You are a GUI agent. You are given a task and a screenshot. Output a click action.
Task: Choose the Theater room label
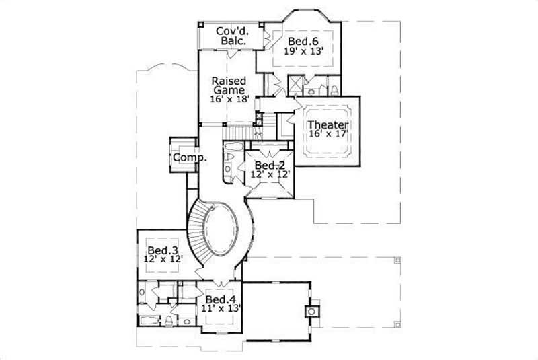tap(328, 124)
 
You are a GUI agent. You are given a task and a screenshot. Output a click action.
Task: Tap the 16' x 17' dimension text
tap(328, 135)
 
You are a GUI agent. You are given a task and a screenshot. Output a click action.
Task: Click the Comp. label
tap(189, 157)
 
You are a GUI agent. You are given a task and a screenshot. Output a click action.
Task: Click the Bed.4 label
tap(219, 299)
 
